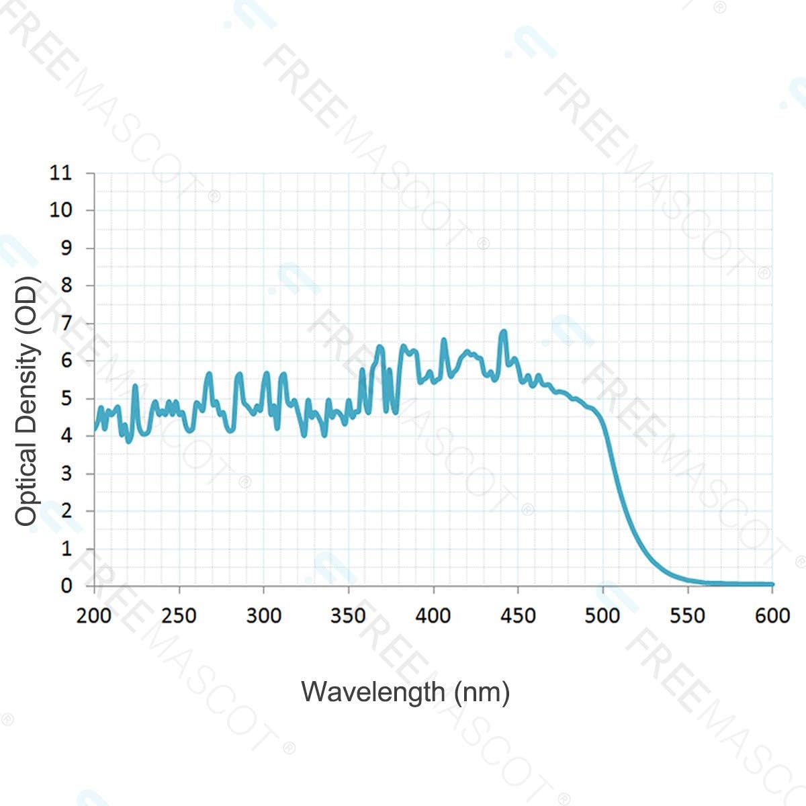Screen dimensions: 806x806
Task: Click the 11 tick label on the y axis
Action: (60, 173)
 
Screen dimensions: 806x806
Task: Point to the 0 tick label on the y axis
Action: (66, 586)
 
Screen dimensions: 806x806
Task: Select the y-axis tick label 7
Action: (66, 323)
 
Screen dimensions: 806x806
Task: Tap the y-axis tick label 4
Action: (66, 436)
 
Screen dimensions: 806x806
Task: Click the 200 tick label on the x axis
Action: (94, 615)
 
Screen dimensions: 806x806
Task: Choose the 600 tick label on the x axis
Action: (772, 615)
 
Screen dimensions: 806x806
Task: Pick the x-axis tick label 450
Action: (518, 615)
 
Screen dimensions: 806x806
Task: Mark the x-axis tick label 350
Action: (348, 615)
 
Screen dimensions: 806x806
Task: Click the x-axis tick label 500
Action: (602, 615)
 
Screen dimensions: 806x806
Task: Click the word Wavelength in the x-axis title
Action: (373, 692)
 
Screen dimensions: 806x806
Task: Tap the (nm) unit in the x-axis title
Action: (482, 692)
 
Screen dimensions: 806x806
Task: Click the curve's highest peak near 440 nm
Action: (503, 331)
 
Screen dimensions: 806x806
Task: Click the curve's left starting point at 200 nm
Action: (95, 429)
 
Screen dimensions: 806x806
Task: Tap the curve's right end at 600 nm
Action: (772, 584)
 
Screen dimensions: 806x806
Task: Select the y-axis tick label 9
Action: (66, 248)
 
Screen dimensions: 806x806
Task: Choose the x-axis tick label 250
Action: (179, 615)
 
